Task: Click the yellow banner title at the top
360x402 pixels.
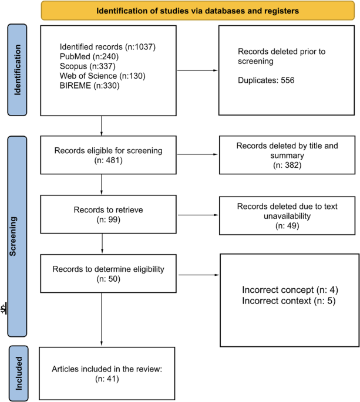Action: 197,11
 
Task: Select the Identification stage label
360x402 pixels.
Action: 17,70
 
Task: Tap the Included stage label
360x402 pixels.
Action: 19,373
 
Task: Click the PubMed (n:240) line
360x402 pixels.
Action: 89,56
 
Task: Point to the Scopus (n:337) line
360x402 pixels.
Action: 88,66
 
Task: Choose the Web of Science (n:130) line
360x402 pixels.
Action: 102,76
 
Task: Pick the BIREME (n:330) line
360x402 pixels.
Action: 89,85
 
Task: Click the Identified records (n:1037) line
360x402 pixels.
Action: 107,47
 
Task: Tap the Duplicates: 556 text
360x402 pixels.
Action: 266,80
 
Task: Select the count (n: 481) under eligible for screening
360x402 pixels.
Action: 108,160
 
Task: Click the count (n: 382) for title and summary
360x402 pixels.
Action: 287,165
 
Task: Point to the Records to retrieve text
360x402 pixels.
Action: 108,210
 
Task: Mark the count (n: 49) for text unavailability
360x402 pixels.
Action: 287,226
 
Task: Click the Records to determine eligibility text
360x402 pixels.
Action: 108,269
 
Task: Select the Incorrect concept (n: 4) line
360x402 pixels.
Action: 290,290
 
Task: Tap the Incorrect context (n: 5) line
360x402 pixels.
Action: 289,300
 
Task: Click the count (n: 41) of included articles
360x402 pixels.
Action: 107,379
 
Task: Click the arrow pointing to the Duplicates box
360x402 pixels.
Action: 197,70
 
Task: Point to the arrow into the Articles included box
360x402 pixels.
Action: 102,319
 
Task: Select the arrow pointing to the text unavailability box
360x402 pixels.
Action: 198,215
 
